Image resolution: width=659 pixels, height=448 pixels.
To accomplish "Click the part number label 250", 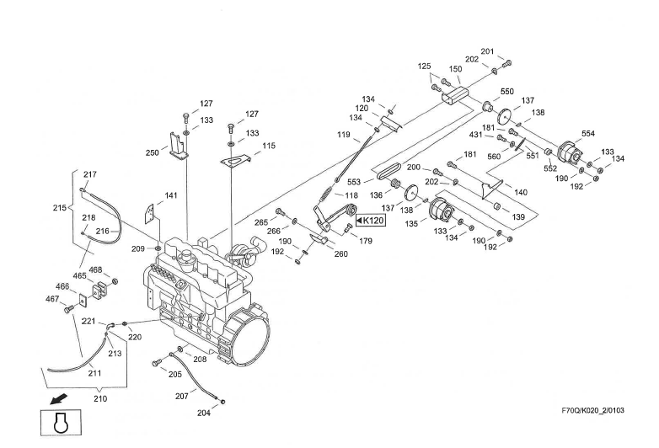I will click(152, 152).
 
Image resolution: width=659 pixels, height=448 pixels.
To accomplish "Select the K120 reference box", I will click(367, 221).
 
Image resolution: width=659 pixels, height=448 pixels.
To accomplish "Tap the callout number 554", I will click(587, 134).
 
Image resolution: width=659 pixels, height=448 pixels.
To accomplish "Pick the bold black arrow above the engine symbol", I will click(57, 396).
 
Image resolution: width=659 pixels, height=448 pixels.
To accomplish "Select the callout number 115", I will click(269, 146).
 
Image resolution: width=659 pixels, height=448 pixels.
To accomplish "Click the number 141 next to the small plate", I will click(171, 195).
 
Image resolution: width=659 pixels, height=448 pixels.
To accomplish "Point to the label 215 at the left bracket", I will click(59, 208).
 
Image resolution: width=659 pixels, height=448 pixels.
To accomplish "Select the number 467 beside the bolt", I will click(53, 298).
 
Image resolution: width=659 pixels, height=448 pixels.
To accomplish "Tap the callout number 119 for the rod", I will click(344, 134).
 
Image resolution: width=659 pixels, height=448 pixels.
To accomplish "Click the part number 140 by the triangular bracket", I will click(521, 193).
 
